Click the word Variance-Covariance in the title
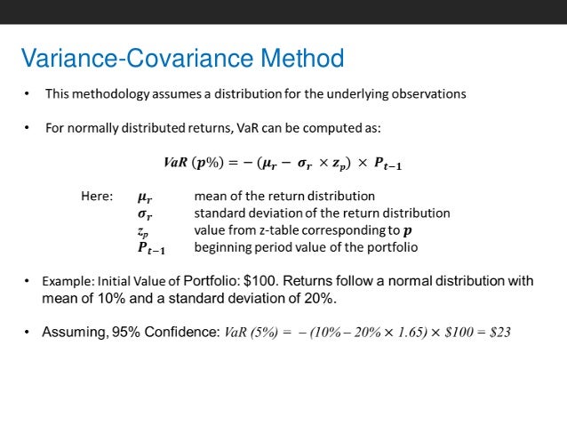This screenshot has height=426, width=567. click(x=137, y=60)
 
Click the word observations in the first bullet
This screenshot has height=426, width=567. click(x=429, y=92)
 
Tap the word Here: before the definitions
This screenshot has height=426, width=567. click(x=96, y=196)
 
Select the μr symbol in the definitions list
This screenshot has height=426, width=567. click(x=145, y=197)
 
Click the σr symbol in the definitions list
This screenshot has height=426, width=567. click(x=145, y=213)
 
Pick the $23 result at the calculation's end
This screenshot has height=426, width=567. click(x=500, y=333)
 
